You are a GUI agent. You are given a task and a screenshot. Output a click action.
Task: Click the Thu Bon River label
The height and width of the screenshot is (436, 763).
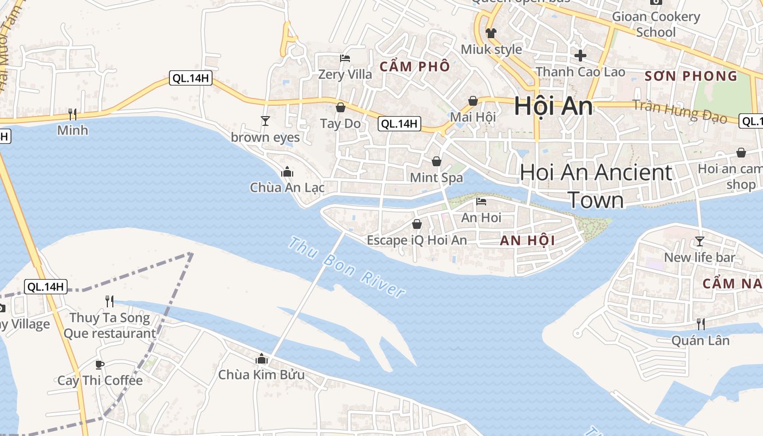click(347, 267)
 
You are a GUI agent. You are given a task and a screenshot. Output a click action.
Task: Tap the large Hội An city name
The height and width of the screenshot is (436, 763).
click(553, 106)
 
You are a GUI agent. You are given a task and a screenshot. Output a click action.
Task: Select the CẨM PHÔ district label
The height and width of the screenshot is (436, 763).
click(415, 66)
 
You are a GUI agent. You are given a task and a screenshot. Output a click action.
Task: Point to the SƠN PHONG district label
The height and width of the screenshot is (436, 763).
click(691, 76)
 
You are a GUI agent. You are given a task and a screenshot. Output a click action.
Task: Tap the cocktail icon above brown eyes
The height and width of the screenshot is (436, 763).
click(265, 120)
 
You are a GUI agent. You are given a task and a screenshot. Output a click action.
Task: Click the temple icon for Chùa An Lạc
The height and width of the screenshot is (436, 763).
click(287, 172)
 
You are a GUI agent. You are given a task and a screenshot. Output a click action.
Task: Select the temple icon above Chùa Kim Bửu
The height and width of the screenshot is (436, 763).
click(262, 359)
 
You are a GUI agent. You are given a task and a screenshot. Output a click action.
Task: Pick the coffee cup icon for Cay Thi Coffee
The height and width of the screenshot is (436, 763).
click(100, 365)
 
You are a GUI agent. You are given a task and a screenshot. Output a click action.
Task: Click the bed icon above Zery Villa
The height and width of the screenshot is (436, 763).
click(344, 58)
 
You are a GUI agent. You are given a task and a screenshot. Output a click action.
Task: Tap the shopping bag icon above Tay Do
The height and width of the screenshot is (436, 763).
click(341, 107)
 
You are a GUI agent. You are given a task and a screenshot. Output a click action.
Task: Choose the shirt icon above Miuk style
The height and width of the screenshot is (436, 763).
click(491, 33)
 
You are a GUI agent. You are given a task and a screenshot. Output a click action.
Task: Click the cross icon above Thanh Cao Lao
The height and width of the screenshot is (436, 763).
click(580, 55)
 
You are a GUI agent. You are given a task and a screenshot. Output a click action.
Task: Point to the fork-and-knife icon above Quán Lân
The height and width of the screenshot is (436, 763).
click(701, 324)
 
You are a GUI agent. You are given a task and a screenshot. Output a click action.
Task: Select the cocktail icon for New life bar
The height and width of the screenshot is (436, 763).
click(700, 241)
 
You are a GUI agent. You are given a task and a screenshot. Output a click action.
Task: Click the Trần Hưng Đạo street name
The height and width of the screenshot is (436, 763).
click(681, 111)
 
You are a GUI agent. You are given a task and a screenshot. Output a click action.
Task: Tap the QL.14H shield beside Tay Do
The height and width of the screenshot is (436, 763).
click(400, 124)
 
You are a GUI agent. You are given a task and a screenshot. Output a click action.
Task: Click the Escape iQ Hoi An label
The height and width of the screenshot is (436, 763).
click(417, 240)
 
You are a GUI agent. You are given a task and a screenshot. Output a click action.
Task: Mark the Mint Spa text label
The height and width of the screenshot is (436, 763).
click(437, 177)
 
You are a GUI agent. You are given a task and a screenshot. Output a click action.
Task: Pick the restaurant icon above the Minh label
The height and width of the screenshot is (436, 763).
click(72, 114)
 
